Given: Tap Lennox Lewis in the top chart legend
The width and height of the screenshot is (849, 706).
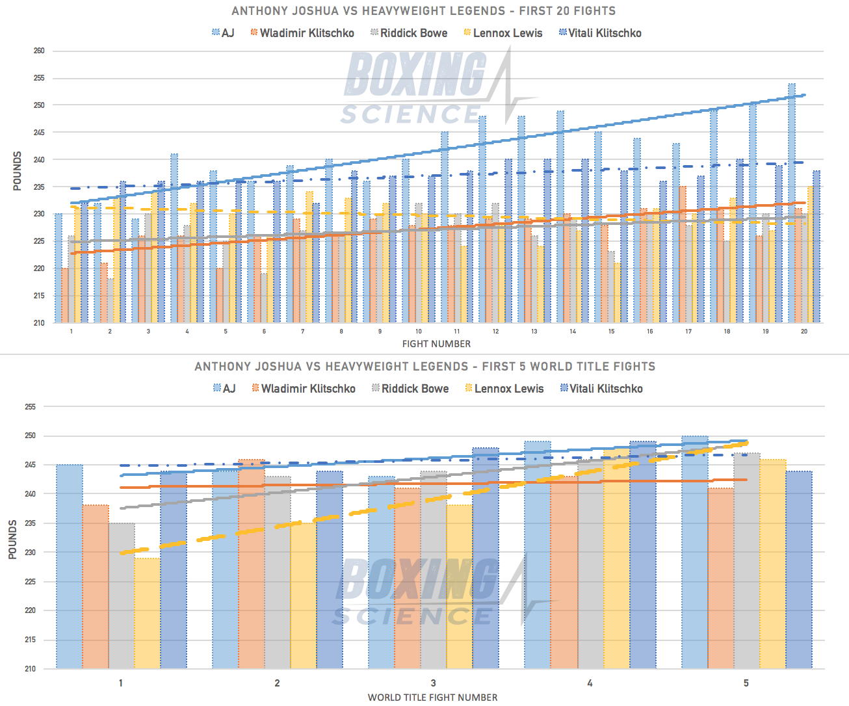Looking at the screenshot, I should click(x=503, y=33).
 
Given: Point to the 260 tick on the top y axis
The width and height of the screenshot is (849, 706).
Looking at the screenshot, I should click(x=39, y=51).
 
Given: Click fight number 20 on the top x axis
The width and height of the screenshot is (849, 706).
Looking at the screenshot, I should click(x=804, y=332).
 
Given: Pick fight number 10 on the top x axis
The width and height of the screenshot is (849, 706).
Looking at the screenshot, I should click(x=419, y=332).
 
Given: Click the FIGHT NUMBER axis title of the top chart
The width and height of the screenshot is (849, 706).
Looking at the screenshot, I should click(x=436, y=344).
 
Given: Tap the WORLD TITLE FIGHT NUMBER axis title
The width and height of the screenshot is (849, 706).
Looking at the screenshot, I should click(x=433, y=698).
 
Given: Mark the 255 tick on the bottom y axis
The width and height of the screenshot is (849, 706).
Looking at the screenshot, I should click(x=30, y=407).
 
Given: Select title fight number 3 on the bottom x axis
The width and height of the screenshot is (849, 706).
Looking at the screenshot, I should click(x=434, y=683).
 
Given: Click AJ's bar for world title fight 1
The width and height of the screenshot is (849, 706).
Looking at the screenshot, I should click(x=70, y=566).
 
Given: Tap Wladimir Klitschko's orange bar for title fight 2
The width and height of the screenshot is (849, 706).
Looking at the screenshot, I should click(x=252, y=563).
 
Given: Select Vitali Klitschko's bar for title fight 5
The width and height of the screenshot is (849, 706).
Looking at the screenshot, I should click(x=799, y=569).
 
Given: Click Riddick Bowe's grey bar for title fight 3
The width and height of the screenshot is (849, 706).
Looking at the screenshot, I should click(x=434, y=569).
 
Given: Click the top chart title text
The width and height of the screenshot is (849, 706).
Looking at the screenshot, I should click(x=424, y=11).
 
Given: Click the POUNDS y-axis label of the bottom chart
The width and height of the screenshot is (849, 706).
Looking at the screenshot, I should click(x=12, y=540).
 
